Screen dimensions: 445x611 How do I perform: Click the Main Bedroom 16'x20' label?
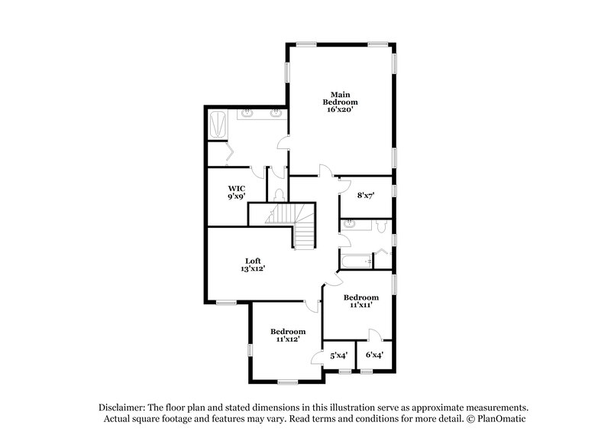(x=341, y=102)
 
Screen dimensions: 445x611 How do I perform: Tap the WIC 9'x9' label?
(x=235, y=192)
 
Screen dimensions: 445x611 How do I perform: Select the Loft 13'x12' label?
(x=253, y=265)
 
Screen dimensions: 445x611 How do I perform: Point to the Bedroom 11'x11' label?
(x=360, y=300)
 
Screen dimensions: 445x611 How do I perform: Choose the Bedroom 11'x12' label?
(x=288, y=335)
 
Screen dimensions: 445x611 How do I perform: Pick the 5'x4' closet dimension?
(x=338, y=355)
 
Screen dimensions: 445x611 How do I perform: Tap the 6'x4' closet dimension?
(x=374, y=355)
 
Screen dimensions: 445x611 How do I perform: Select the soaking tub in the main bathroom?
(x=217, y=125)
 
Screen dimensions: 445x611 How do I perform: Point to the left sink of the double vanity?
(x=249, y=115)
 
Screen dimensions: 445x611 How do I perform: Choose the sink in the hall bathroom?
(x=348, y=225)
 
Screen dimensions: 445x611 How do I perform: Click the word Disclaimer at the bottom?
(x=124, y=408)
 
